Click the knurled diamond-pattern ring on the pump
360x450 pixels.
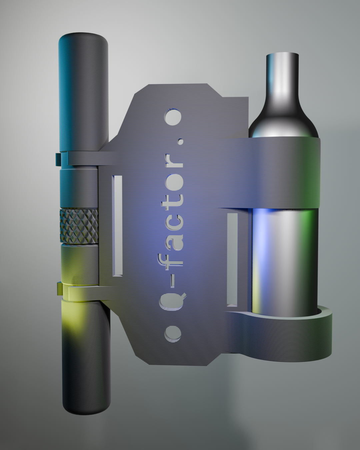(x=79, y=227)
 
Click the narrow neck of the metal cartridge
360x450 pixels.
(x=282, y=77)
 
